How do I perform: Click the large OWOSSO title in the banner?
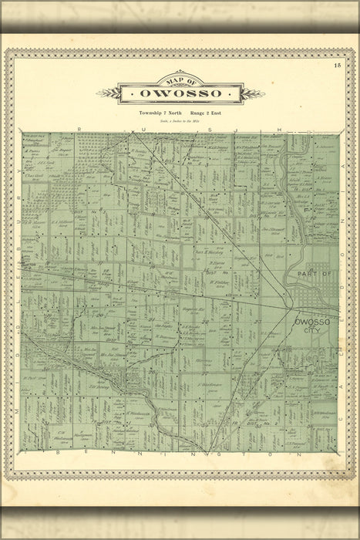[x=180, y=93]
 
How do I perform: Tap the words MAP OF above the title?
[x=180, y=79]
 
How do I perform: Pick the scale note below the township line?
[x=180, y=120]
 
